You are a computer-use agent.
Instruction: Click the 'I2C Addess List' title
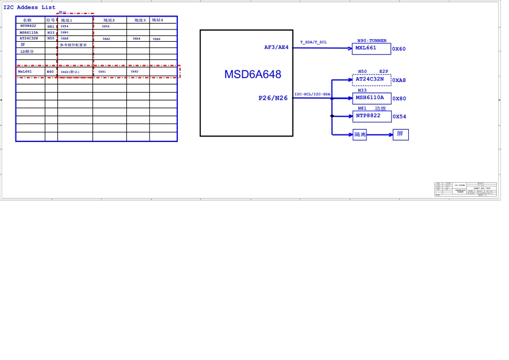[x=29, y=7]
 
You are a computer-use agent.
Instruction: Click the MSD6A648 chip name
[x=252, y=74]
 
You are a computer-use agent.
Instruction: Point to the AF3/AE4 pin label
[x=276, y=48]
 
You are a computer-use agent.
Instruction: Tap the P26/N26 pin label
[x=273, y=98]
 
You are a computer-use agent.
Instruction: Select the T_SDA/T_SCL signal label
[x=313, y=42]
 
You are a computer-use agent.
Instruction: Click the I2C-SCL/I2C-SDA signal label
[x=312, y=94]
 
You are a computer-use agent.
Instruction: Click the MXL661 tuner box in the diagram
[x=371, y=49]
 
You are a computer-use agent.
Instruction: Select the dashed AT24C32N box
[x=371, y=80]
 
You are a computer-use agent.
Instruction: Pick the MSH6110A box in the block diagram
[x=371, y=98]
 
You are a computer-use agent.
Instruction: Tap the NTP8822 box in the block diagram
[x=371, y=116]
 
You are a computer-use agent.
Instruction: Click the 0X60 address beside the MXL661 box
[x=399, y=49]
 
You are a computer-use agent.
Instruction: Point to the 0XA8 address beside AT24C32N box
[x=399, y=81]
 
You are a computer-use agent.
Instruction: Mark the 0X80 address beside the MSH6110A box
[x=399, y=99]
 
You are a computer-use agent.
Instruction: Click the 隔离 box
[x=360, y=135]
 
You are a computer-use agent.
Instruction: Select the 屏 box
[x=400, y=134]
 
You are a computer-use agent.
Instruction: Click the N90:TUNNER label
[x=372, y=41]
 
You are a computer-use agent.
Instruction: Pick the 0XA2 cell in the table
[x=106, y=39]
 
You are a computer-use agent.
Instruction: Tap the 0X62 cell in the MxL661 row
[x=134, y=72]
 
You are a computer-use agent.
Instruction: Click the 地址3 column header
[x=140, y=20]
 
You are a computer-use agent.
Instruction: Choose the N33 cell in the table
[x=51, y=33]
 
